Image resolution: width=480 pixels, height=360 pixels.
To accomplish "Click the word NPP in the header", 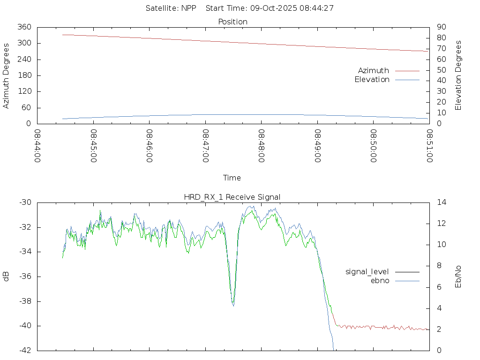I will pos(188,8).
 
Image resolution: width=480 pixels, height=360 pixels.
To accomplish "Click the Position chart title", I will pos(232,22).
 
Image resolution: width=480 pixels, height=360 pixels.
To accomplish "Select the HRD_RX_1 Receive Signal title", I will pos(232,197).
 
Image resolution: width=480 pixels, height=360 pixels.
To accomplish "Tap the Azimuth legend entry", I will pos(374,70).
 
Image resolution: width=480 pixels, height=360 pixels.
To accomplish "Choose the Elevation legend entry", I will pos(372,80).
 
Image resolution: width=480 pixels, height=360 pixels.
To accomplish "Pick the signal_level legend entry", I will pos(367,271).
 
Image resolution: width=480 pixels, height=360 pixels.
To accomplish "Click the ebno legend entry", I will pos(380,280).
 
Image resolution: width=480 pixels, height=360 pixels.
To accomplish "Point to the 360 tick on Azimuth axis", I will pos(24,27).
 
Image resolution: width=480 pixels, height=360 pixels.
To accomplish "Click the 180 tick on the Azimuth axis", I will pos(24,75).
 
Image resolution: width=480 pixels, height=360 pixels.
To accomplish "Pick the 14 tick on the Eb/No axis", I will pos(441,202).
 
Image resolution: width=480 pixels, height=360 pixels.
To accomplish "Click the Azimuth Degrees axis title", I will pos(6,75).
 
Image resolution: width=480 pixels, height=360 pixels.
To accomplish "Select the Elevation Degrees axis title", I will pos(458,75).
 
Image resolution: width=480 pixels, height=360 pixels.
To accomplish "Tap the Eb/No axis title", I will pos(458,277).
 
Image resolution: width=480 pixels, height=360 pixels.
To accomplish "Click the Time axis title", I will pos(232,178).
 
